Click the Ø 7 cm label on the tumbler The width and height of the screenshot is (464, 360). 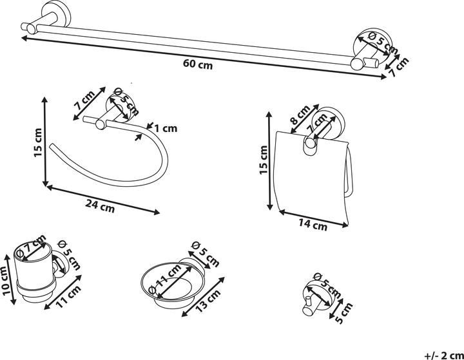(x=33, y=247)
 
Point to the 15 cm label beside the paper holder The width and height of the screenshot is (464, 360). (x=263, y=161)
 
